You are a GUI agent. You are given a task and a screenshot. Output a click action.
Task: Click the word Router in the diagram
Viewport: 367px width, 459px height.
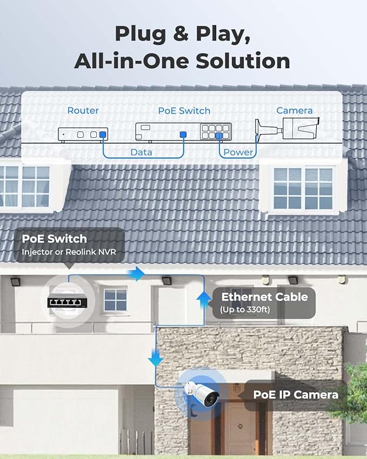(x=83, y=110)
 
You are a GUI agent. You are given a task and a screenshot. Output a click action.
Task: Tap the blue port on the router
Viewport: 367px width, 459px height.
(x=102, y=135)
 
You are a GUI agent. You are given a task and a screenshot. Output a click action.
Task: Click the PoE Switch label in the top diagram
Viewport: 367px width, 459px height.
(x=184, y=111)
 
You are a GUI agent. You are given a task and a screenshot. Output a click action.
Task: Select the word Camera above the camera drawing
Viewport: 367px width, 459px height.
(x=295, y=110)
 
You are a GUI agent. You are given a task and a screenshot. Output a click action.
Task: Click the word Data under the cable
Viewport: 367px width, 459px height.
(x=141, y=152)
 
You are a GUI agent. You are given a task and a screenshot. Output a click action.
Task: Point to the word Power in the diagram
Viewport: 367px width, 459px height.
(x=238, y=152)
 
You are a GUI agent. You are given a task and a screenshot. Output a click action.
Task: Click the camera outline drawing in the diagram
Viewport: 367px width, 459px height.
(x=287, y=128)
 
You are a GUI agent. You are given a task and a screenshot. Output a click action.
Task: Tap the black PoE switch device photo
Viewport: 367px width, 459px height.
(x=68, y=302)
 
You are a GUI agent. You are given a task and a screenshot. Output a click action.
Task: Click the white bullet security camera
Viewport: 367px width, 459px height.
(x=202, y=394)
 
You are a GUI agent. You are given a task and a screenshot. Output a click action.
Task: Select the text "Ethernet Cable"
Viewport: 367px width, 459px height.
(x=264, y=297)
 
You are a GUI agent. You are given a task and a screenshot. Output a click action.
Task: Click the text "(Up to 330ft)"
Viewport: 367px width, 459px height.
(x=245, y=310)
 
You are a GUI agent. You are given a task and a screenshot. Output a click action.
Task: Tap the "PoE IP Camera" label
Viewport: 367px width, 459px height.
(x=296, y=395)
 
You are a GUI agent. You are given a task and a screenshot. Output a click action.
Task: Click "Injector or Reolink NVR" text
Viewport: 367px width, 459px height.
(x=69, y=252)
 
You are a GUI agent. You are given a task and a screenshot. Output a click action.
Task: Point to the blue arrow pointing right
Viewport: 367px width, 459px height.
(x=136, y=274)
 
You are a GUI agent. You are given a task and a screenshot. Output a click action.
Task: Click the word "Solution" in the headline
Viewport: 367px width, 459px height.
(x=243, y=61)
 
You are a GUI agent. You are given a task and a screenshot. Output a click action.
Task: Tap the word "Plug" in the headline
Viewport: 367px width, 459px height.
(x=141, y=34)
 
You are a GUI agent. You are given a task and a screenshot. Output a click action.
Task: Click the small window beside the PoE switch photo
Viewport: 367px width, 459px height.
(x=115, y=300)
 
